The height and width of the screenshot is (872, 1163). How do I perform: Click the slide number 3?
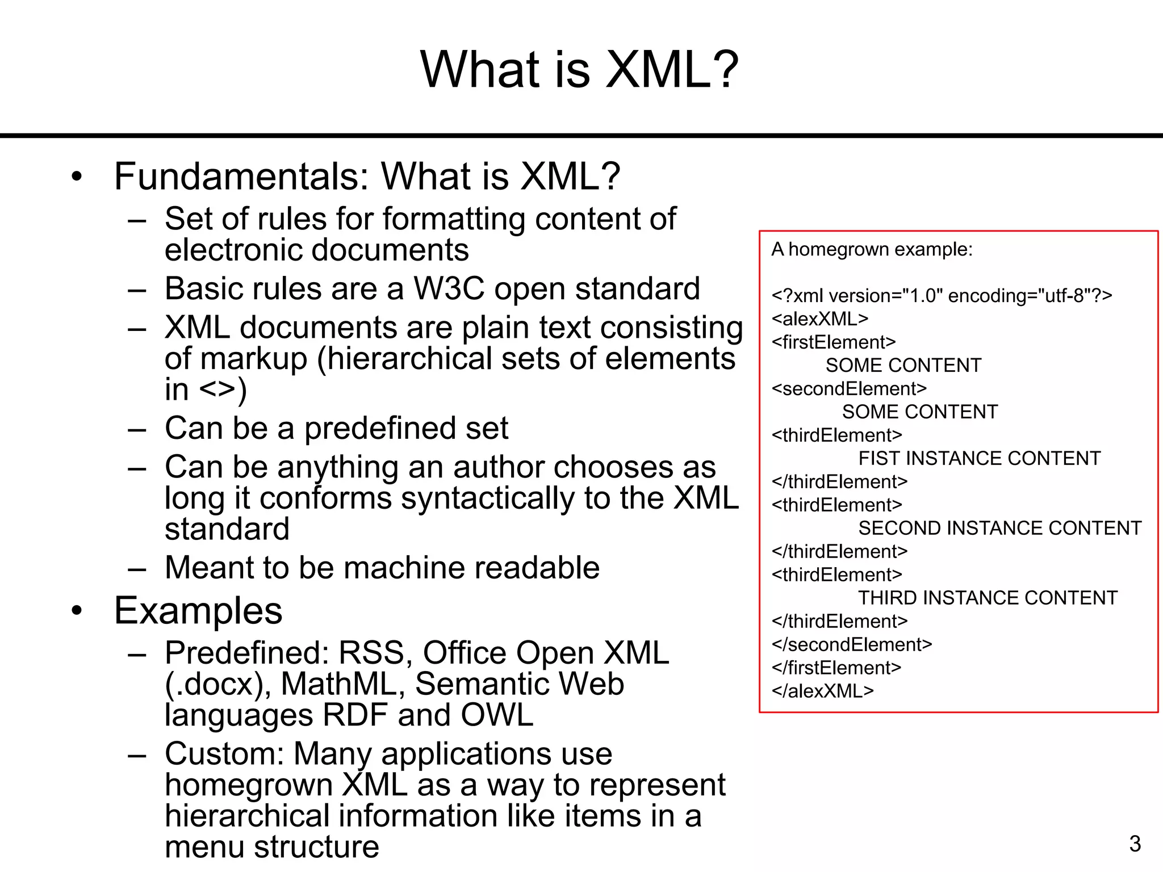tap(1135, 844)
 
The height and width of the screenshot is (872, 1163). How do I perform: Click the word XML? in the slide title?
tap(672, 69)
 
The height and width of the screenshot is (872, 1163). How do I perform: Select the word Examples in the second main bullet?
tap(198, 611)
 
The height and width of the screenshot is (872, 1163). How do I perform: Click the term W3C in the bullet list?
tap(449, 288)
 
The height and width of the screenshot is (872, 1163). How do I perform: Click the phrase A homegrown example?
tap(872, 249)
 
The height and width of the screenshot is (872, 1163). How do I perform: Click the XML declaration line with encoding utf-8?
tap(942, 296)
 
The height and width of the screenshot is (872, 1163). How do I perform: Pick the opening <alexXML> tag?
tap(819, 319)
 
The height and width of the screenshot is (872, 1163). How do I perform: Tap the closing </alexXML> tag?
tap(822, 691)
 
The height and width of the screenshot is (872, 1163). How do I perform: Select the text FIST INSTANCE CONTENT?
tap(979, 458)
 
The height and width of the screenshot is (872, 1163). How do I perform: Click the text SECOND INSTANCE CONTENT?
tap(999, 528)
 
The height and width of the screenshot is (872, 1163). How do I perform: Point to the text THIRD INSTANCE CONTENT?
tap(988, 598)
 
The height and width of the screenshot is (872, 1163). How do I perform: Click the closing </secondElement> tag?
tap(851, 644)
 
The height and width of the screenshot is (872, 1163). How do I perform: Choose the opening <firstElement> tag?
tap(833, 342)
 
